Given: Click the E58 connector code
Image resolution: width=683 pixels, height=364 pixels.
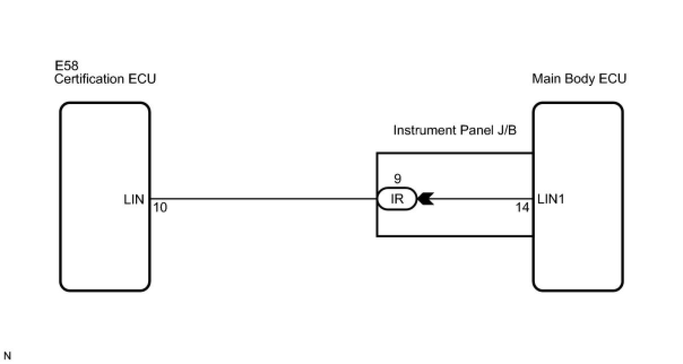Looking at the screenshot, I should (x=66, y=66).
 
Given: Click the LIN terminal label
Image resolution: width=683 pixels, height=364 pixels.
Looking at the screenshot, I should (x=134, y=200).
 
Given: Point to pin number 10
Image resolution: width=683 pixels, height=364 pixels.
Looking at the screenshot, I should (x=160, y=208).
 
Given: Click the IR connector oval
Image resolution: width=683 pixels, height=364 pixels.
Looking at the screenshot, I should (x=397, y=200).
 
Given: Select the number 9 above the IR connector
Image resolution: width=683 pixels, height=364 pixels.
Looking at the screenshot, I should (x=397, y=179).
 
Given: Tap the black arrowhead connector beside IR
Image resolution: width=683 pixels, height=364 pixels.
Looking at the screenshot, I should (x=425, y=200).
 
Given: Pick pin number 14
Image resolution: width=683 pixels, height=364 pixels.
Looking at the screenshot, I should (x=523, y=208).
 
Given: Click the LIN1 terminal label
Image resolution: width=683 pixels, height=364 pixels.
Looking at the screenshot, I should (x=551, y=200).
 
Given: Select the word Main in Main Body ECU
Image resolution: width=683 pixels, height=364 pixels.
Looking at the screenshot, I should (x=544, y=79).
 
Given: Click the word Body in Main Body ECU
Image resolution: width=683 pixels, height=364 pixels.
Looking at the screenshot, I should (x=574, y=79).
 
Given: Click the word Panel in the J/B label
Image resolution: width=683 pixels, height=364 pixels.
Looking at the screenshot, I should (x=471, y=131).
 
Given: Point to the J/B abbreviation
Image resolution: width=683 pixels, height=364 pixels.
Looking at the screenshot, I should (x=504, y=131).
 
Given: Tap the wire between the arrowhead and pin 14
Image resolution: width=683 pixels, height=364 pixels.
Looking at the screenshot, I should (x=481, y=199).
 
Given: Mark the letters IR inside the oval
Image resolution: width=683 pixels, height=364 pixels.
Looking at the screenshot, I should (x=397, y=200).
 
